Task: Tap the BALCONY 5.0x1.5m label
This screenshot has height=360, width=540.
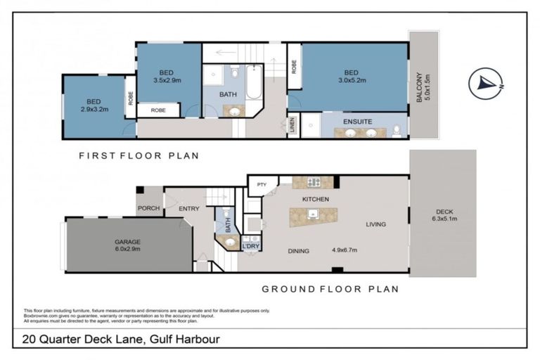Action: click(423, 88)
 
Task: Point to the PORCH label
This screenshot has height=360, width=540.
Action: click(148, 207)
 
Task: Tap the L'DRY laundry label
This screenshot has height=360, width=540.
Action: click(251, 247)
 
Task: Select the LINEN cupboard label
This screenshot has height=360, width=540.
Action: click(292, 126)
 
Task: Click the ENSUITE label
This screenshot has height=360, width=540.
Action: click(357, 122)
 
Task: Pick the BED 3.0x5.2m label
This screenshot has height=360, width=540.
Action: click(352, 76)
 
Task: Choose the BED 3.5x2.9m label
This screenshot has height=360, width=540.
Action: click(167, 75)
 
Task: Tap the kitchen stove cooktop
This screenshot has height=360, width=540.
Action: click(313, 182)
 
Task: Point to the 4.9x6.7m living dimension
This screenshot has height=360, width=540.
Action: click(346, 250)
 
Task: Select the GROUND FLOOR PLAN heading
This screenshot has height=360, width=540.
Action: click(330, 288)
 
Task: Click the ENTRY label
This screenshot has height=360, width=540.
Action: click(189, 208)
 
